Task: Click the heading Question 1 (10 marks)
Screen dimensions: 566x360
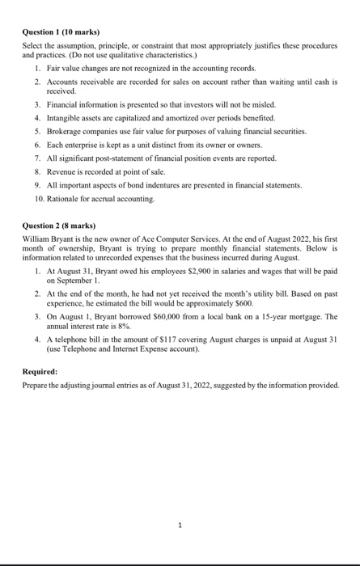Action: click(59, 32)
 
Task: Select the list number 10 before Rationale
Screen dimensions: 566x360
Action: click(38, 198)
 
